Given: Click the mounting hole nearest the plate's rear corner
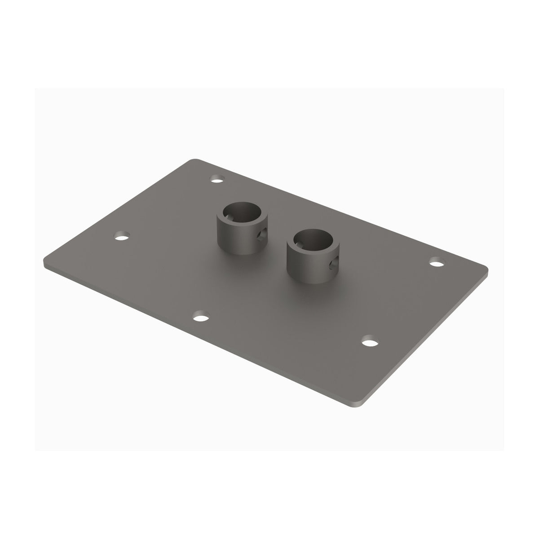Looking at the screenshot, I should [x=218, y=181].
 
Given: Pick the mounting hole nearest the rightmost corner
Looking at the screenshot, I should [x=436, y=262].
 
